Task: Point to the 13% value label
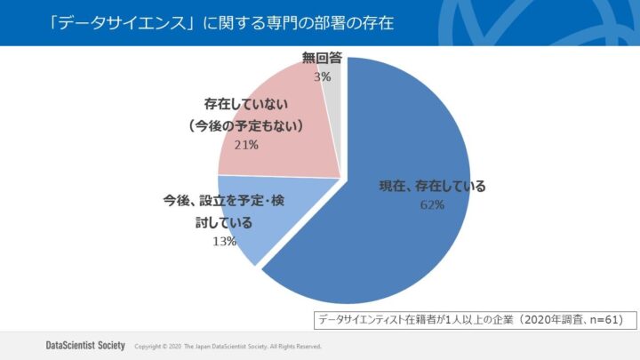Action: coord(223,241)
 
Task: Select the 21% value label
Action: coord(245,144)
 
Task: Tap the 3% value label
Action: coord(321,77)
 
